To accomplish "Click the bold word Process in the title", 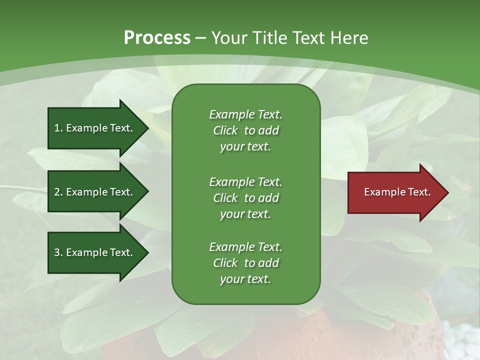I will point(157,37).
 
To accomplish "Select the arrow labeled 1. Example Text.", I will point(95,128).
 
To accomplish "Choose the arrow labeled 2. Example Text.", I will point(95,192).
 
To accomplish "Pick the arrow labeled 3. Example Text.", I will point(95,252).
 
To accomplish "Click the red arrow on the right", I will point(395,192).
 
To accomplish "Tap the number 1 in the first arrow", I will point(57,128).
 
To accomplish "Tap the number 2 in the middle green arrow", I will point(57,192).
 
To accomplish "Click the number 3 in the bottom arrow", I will point(57,252).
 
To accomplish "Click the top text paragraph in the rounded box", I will point(245,130).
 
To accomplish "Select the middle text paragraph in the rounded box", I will point(245,198).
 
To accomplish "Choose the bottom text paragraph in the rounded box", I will point(245,263).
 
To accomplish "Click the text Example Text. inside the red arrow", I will point(397,192).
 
